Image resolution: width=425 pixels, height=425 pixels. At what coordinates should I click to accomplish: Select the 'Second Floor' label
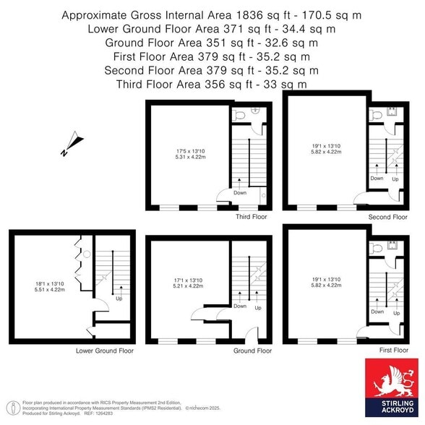pyautogui.click(x=389, y=216)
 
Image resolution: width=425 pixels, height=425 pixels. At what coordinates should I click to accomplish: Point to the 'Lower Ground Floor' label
pyautogui.click(x=105, y=351)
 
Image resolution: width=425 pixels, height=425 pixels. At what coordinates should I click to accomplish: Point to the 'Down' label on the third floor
pyautogui.click(x=240, y=192)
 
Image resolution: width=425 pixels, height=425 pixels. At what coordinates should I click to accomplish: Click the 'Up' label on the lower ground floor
pyautogui.click(x=119, y=298)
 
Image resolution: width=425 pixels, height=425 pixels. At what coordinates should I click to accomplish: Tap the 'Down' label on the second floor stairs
pyautogui.click(x=377, y=178)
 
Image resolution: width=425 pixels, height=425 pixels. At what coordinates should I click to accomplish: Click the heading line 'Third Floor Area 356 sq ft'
pyautogui.click(x=211, y=84)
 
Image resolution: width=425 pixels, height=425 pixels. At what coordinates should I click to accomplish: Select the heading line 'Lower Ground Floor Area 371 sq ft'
pyautogui.click(x=211, y=29)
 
